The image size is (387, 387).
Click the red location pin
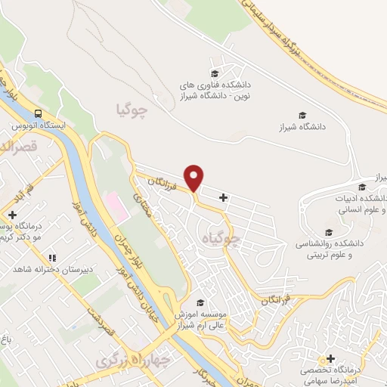194,177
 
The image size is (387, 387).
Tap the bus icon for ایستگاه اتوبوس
37,113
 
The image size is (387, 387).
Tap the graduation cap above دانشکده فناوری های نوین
215,73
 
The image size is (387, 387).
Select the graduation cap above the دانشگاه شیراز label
302,116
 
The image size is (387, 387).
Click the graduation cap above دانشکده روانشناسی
328,233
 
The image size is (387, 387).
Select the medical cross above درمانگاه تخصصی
330,357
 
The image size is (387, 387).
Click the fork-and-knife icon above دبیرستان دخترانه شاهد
51,257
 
